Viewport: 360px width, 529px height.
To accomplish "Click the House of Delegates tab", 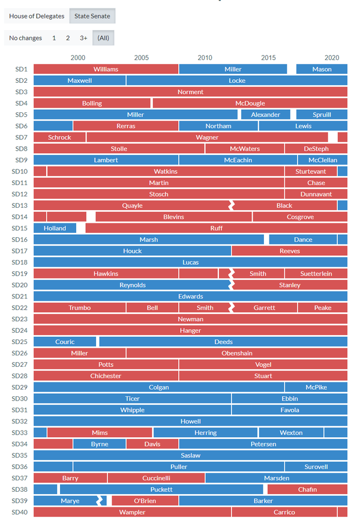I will point(37,16).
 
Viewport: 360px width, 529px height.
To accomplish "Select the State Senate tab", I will point(92,16).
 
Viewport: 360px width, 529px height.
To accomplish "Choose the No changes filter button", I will point(25,38).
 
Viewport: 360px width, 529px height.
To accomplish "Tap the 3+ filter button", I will point(83,38).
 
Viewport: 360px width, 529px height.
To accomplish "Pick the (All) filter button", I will point(103,38).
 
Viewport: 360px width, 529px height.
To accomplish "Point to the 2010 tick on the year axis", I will point(205,58).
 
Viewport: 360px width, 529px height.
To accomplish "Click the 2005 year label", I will point(142,58).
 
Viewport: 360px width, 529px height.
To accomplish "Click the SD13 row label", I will point(21,205).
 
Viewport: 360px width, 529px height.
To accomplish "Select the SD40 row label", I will point(21,512).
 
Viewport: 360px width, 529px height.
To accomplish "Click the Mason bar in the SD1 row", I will point(322,69).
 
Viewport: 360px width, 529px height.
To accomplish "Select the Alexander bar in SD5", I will point(265,115).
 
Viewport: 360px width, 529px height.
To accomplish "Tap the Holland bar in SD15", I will point(55,228).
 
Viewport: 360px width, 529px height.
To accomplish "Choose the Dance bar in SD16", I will point(302,240).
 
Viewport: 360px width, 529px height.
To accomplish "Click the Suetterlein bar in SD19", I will point(324,274).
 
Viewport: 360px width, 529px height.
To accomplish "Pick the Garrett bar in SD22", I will point(264,307).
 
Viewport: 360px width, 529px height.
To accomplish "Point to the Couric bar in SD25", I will point(65,342).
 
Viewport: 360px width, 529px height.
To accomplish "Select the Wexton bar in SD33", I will point(291,432).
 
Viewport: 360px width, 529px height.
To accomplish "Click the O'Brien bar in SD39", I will point(145,501).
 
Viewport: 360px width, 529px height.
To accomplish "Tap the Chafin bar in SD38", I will point(307,489).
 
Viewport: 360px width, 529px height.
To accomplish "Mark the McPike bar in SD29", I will point(316,387).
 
